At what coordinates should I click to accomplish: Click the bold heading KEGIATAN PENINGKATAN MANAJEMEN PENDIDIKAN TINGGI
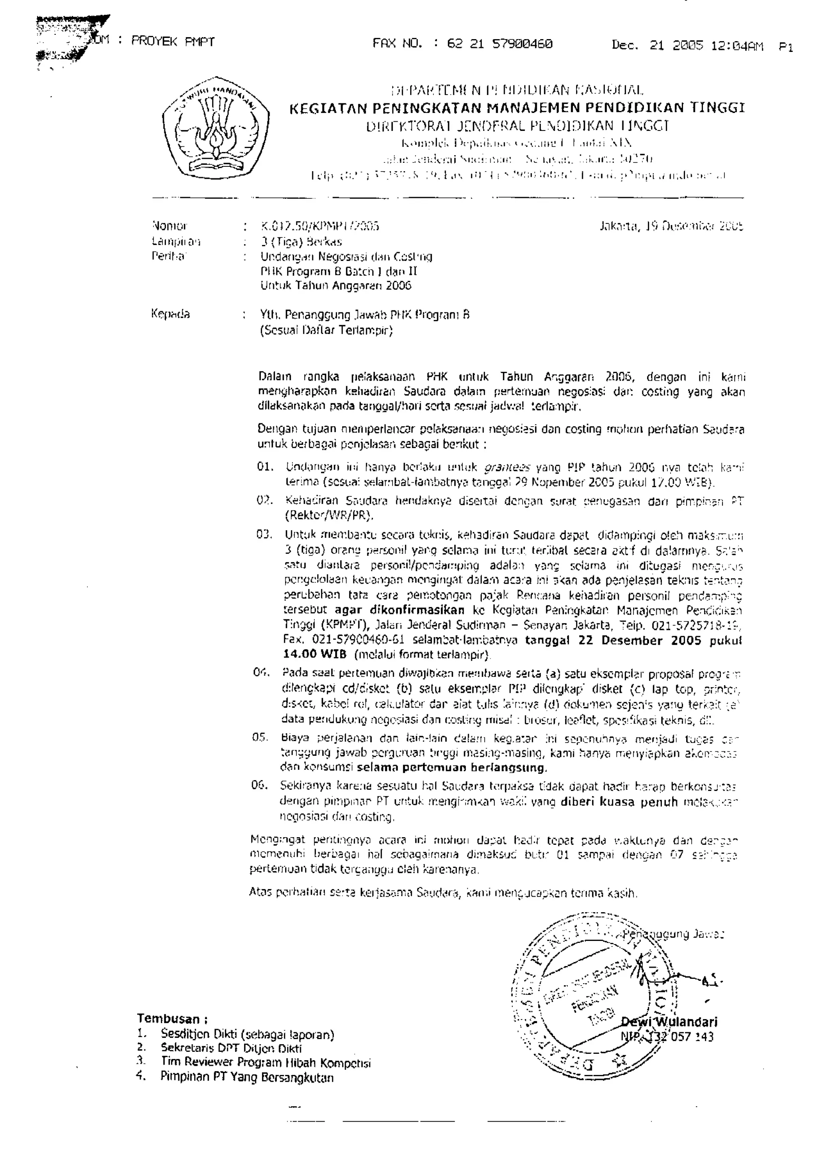[517, 108]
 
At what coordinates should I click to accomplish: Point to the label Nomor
[169, 226]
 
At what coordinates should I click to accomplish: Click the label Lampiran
[176, 241]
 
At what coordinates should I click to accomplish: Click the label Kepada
[171, 314]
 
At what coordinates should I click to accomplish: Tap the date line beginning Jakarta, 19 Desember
[671, 226]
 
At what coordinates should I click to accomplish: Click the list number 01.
[265, 467]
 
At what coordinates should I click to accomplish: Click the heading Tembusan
[172, 1019]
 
